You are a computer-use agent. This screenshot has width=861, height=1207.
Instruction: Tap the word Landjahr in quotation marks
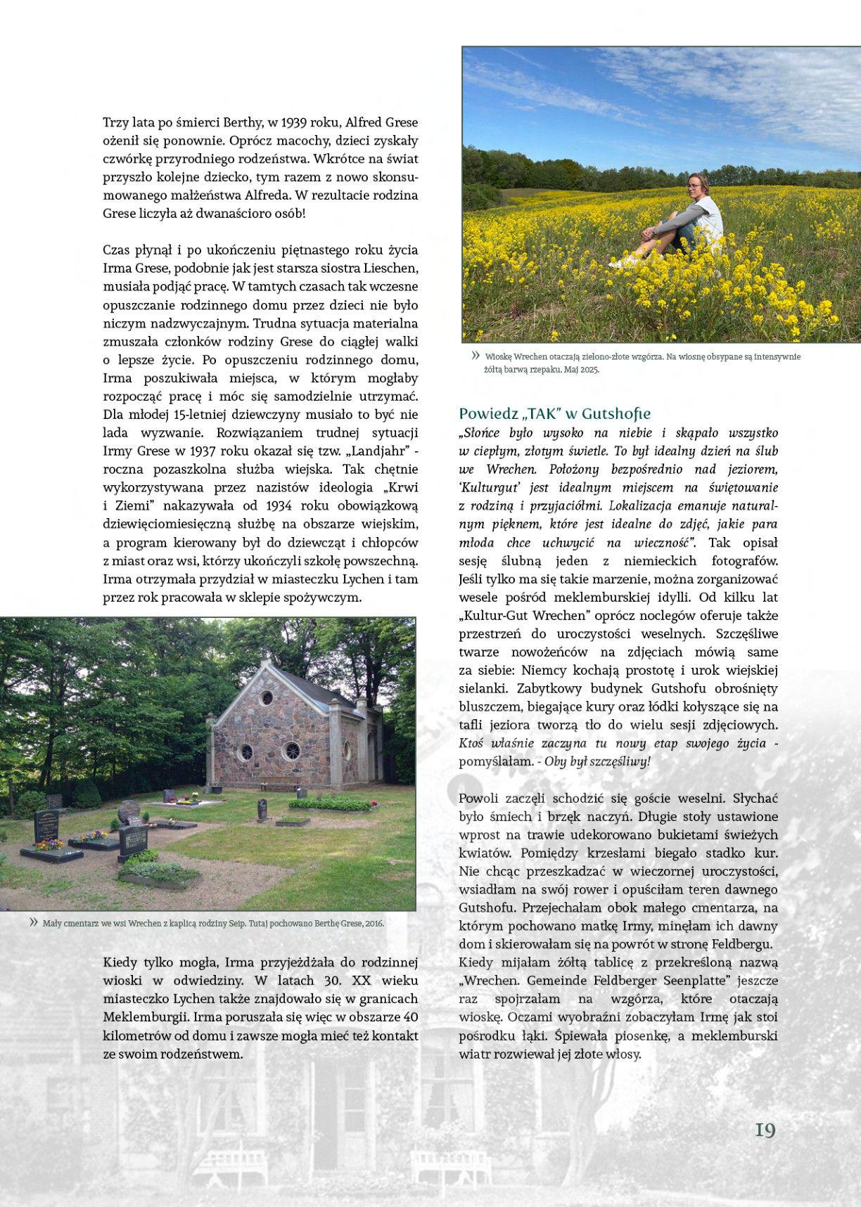378,451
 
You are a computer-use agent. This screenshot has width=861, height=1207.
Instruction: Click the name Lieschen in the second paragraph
391,269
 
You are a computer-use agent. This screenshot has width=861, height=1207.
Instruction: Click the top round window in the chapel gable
267,698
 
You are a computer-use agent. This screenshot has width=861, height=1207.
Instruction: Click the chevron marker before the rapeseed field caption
476,356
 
